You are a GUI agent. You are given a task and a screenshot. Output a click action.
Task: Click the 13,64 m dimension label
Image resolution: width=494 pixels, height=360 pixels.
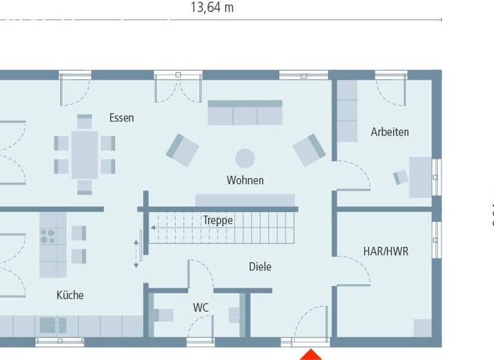pyautogui.click(x=212, y=8)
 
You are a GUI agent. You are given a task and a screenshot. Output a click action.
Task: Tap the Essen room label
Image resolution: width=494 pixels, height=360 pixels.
pyautogui.click(x=122, y=118)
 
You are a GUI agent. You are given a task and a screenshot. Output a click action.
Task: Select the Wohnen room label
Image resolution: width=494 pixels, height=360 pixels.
pyautogui.click(x=245, y=180)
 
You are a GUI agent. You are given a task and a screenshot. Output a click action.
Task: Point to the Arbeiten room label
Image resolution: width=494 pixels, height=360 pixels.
pyautogui.click(x=390, y=132)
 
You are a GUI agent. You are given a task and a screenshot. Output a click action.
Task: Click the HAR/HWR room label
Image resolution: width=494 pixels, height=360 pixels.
pyautogui.click(x=386, y=251)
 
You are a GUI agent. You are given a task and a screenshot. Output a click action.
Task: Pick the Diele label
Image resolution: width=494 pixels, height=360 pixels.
pyautogui.click(x=260, y=266)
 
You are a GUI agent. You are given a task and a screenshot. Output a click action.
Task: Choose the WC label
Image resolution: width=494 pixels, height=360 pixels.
pyautogui.click(x=201, y=308)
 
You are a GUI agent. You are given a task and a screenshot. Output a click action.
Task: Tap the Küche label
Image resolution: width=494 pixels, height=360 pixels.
pyautogui.click(x=70, y=295)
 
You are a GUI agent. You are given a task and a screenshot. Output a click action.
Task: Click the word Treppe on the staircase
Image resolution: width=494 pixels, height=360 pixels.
pyautogui.click(x=218, y=220)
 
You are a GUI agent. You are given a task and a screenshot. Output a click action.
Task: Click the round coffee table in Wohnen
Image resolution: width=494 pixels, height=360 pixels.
pyautogui.click(x=245, y=157)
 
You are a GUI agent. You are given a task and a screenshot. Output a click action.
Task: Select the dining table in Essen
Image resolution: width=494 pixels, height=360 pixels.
pyautogui.click(x=85, y=154)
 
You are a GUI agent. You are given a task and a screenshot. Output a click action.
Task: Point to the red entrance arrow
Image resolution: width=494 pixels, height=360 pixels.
pyautogui.click(x=312, y=354)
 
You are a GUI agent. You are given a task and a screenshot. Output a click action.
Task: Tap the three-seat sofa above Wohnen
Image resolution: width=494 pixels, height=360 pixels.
pyautogui.click(x=244, y=113)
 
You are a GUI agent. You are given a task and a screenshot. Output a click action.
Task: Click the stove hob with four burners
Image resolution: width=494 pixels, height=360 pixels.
pyautogui.click(x=48, y=236)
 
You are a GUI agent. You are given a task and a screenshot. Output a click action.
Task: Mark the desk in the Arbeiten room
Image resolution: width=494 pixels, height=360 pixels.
pyautogui.click(x=421, y=177)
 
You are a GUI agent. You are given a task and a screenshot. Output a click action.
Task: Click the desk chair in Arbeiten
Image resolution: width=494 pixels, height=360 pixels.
pyautogui.click(x=401, y=177)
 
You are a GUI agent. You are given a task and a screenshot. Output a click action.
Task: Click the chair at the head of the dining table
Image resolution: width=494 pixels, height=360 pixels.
pyautogui.click(x=85, y=121)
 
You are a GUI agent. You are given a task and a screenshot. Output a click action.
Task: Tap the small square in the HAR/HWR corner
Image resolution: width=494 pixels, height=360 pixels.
pyautogui.click(x=423, y=327)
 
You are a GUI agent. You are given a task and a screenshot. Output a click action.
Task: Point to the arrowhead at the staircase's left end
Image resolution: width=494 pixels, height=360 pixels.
pyautogui.click(x=153, y=227)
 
